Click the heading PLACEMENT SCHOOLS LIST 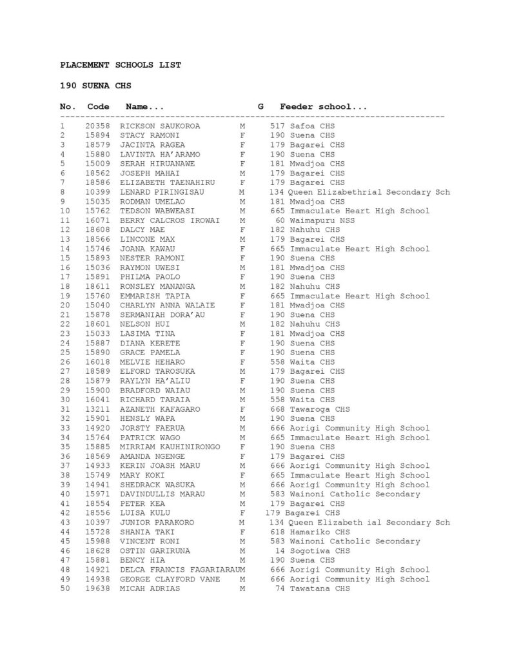click(x=121, y=65)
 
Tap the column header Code click(x=99, y=106)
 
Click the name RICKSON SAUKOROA click(x=160, y=126)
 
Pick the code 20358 click(x=96, y=126)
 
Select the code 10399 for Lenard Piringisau click(x=96, y=192)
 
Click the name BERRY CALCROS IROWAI click(x=168, y=220)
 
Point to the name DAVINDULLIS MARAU click(x=162, y=494)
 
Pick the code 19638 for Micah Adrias click(x=96, y=588)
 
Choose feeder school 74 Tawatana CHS click(x=313, y=588)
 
